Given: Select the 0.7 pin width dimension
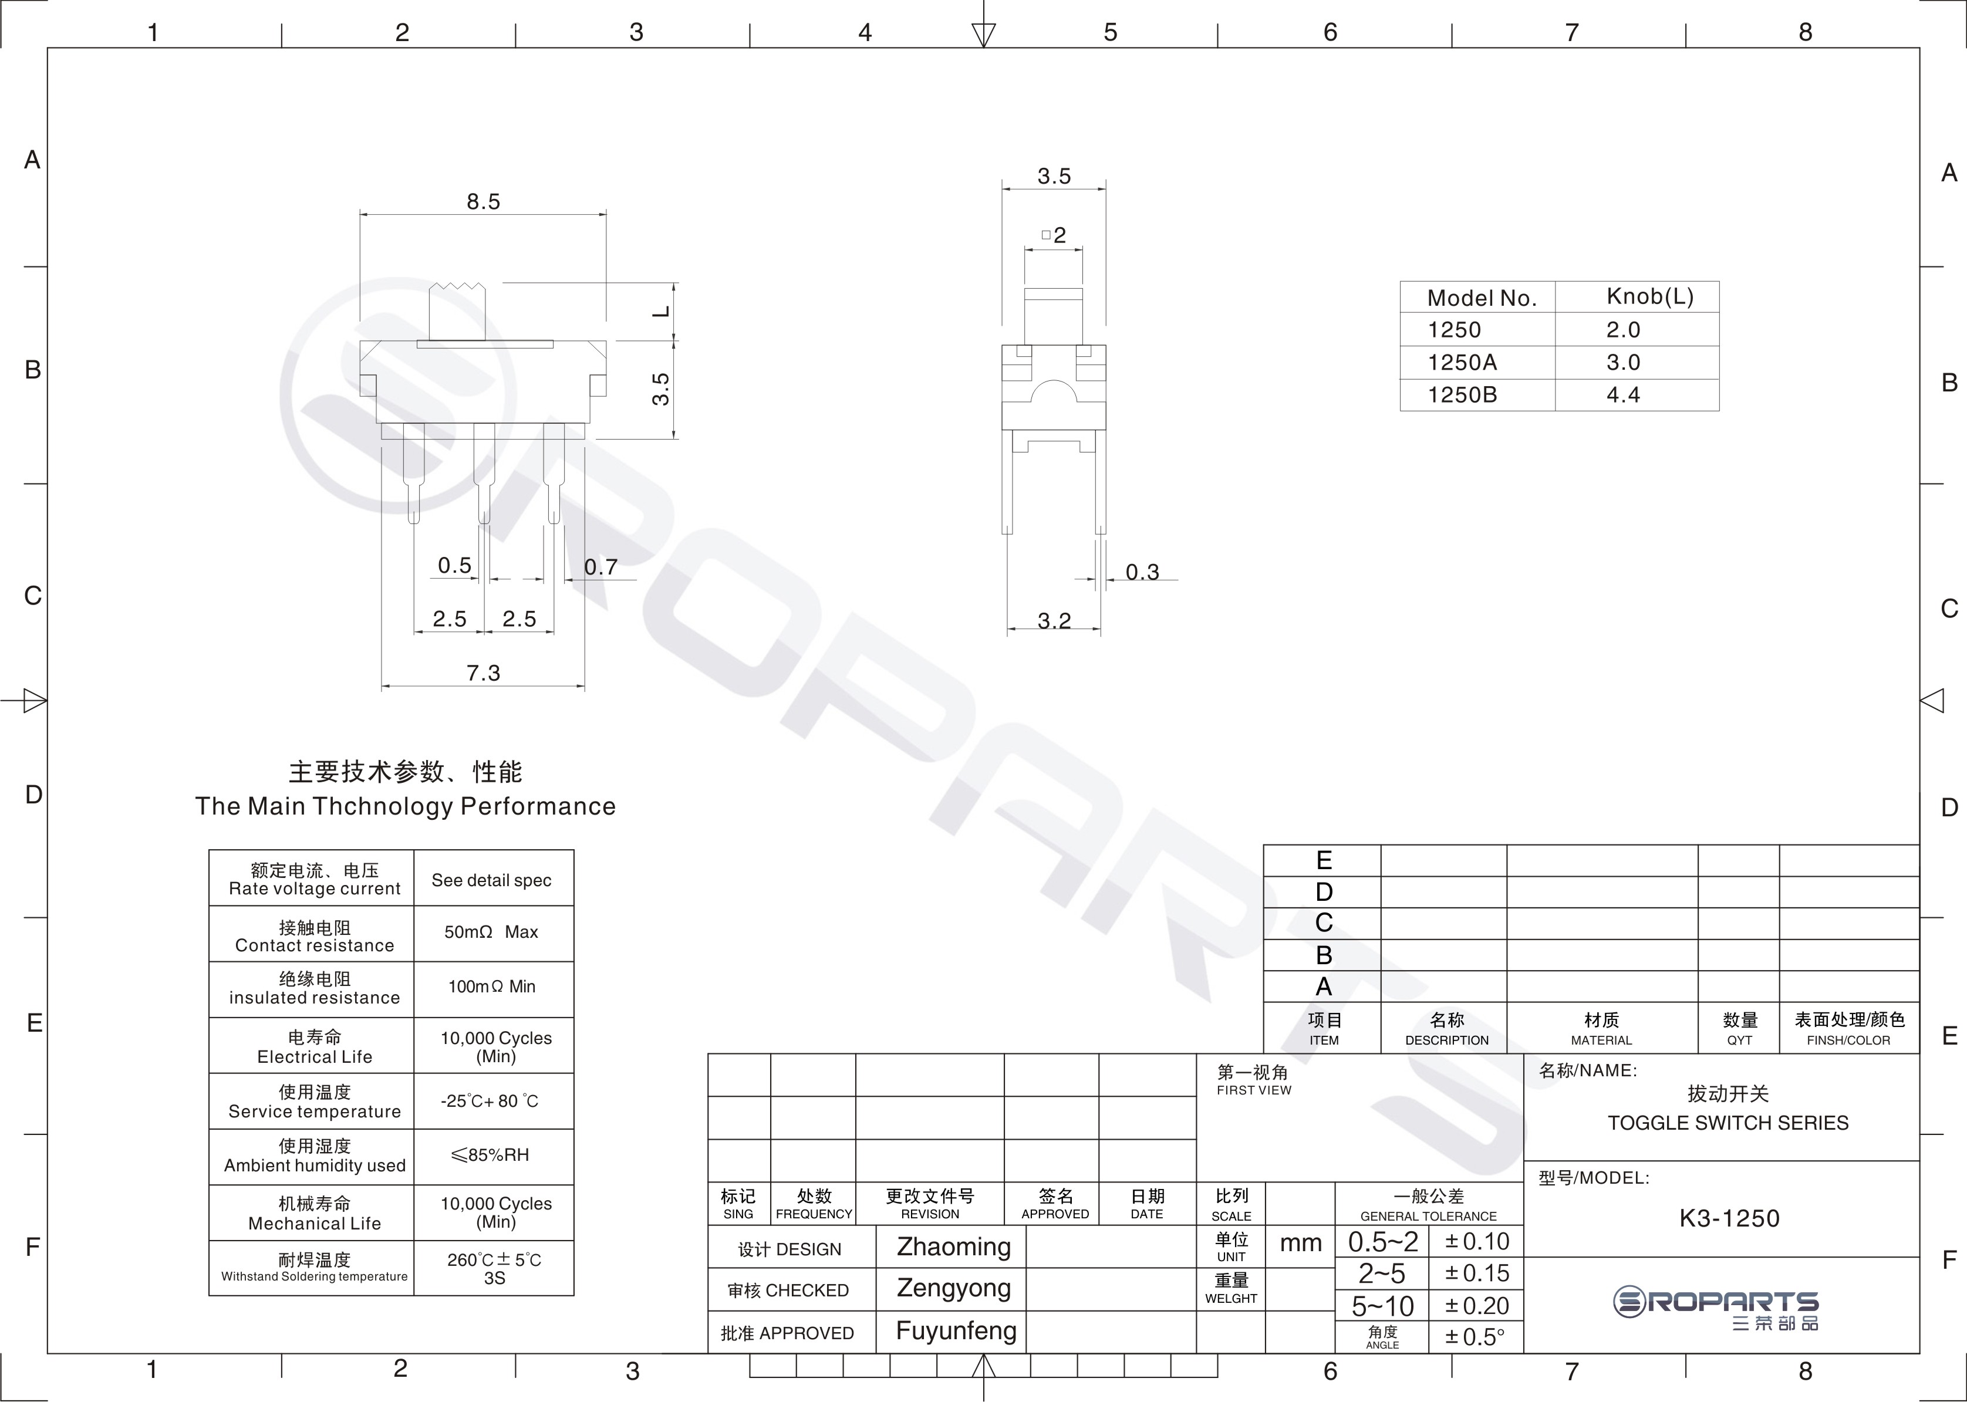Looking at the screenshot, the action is click(x=601, y=567).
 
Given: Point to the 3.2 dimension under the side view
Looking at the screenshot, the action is click(x=1054, y=621).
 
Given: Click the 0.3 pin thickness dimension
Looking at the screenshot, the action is click(x=1142, y=572).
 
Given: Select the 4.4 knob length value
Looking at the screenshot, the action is click(x=1624, y=396).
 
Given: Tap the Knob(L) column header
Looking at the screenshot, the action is click(x=1650, y=297).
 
